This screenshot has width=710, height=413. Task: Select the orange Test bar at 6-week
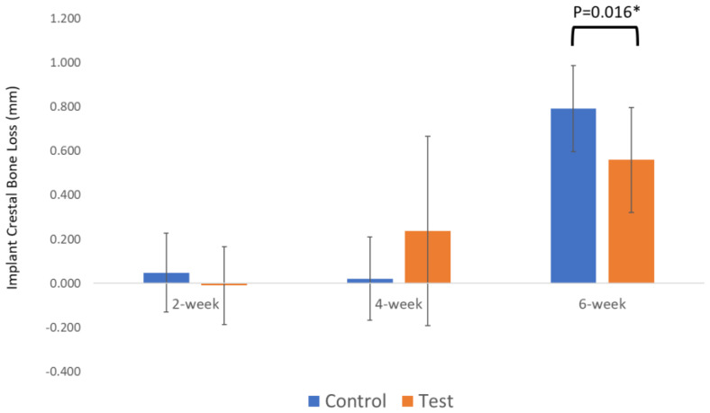pos(631,220)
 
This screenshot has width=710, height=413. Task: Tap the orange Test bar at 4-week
pos(427,256)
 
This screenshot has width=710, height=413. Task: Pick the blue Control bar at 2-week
pos(166,277)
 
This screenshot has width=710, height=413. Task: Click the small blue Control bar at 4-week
pos(369,281)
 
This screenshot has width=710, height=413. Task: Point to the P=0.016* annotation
pos(605,12)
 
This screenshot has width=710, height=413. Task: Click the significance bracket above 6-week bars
pos(605,31)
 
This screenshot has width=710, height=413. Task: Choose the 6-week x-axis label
pos(602,304)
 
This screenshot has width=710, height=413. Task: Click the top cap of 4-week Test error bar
pos(427,136)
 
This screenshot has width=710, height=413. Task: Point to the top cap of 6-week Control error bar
pos(573,66)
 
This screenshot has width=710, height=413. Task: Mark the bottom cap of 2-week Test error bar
pos(223,325)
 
